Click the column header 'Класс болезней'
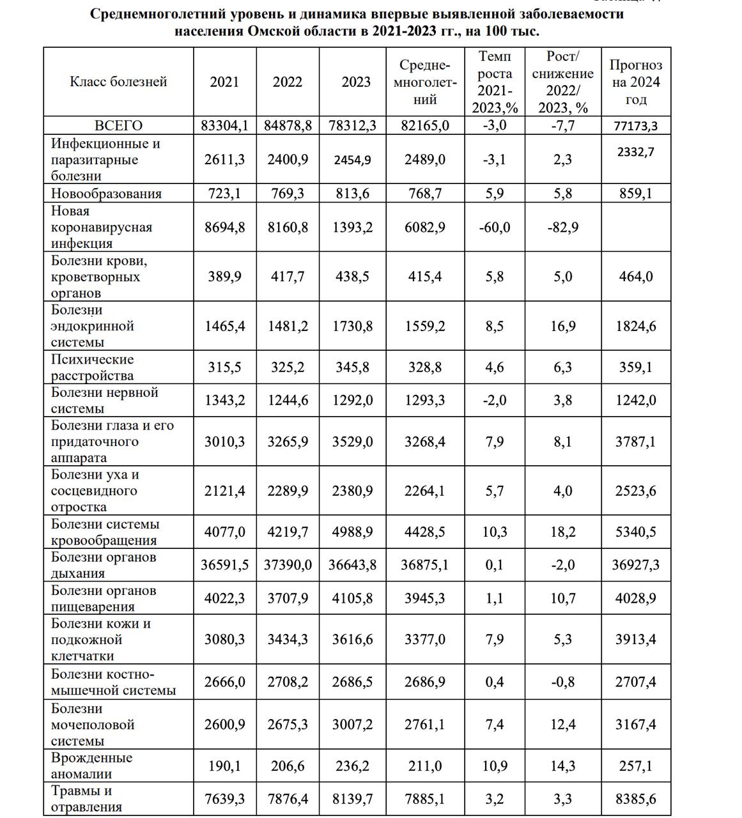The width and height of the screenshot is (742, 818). (118, 82)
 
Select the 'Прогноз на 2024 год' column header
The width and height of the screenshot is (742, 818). (636, 82)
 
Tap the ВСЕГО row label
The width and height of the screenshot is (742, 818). (118, 125)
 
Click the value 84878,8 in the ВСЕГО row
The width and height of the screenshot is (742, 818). (288, 125)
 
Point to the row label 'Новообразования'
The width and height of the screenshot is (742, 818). (106, 193)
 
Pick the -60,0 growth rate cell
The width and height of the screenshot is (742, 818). (494, 227)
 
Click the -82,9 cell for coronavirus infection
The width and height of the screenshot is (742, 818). (562, 227)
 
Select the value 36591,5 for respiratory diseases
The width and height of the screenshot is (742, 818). (224, 565)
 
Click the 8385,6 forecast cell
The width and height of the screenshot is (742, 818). (636, 798)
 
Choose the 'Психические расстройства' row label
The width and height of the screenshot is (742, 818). (93, 367)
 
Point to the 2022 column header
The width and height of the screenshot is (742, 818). (288, 82)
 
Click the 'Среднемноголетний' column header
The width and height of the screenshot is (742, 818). (425, 82)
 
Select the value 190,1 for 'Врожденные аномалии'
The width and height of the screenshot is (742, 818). (224, 766)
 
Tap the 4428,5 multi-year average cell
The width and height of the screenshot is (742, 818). (425, 532)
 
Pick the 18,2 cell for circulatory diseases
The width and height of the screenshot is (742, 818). (562, 532)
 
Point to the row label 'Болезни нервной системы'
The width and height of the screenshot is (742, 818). (104, 400)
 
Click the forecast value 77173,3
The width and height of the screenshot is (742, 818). (636, 126)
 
